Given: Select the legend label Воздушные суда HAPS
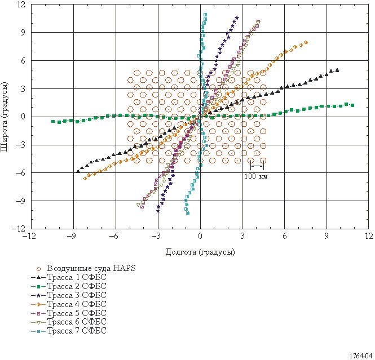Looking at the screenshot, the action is point(91,268).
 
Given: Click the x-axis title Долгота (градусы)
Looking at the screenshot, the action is point(200,252).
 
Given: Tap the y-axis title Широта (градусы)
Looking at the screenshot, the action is point(5,117).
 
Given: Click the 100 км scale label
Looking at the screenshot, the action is point(256,176).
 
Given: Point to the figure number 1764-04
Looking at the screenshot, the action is point(361,356).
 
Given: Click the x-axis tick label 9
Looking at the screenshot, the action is point(327,236).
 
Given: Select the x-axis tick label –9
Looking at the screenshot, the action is point(72,236).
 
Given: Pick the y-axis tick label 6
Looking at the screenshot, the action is point(23,61).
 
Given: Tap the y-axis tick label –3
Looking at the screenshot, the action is point(21,145).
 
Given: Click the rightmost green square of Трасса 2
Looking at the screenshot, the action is point(352,105).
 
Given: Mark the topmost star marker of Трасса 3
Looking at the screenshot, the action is point(237,17).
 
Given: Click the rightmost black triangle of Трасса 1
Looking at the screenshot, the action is point(337,70).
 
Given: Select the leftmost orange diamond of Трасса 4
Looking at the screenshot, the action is point(85,179).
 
